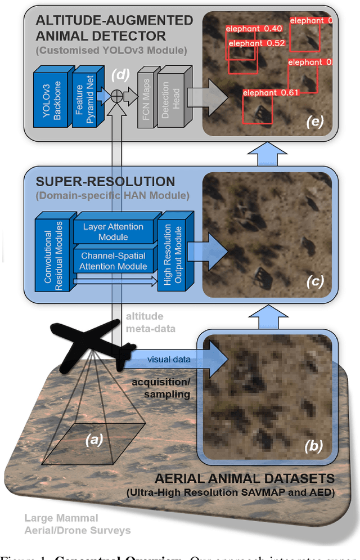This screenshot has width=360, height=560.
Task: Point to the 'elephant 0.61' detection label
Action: coord(271,92)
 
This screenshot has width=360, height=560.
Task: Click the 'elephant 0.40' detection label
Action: coord(254,28)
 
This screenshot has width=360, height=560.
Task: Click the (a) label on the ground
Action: coord(94,440)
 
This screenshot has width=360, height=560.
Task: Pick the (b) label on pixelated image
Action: coord(313,446)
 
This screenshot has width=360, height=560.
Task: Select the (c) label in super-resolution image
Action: coord(314,280)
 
